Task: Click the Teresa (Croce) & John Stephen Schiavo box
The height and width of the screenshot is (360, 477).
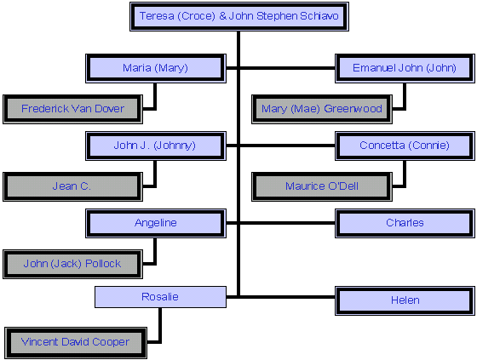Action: [239, 16]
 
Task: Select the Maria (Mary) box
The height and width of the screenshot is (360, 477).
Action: [156, 68]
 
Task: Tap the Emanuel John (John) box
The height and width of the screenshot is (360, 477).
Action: [405, 68]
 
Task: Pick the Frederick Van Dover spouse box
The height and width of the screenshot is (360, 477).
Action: [72, 109]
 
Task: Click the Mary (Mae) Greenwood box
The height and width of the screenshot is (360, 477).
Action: [322, 109]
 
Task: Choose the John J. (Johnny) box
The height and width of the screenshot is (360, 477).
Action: [156, 146]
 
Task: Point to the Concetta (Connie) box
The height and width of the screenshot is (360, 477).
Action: [405, 146]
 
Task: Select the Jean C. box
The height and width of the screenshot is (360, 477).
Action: [72, 186]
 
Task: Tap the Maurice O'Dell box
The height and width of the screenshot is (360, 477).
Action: [322, 186]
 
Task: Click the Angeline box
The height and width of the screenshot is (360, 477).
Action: [156, 223]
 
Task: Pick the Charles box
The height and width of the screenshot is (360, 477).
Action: [405, 223]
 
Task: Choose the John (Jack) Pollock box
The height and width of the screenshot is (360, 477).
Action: [72, 264]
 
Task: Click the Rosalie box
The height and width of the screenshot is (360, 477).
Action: [160, 297]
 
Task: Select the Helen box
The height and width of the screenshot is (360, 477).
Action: [405, 300]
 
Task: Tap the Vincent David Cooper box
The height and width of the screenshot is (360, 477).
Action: [76, 343]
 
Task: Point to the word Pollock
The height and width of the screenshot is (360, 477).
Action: [103, 263]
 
